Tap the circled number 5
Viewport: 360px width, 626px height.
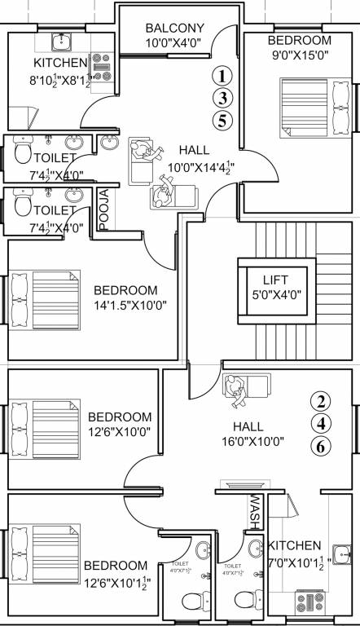pos(220,121)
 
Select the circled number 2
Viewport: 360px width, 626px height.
pos(323,401)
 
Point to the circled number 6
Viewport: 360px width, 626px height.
pos(323,446)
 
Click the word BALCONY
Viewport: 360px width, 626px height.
pos(175,28)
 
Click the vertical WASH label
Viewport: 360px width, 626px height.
pos(254,511)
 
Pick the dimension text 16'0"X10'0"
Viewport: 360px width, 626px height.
pos(257,443)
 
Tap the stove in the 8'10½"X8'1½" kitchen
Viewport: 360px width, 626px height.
pos(102,67)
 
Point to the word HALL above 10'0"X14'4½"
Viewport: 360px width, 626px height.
pos(193,150)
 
